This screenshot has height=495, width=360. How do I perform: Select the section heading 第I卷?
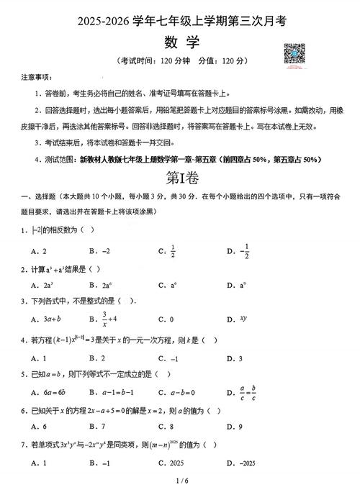180,176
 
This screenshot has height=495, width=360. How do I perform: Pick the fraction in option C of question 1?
173,251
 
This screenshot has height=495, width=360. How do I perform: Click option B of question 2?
103,285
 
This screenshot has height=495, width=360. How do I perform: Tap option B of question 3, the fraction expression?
104,318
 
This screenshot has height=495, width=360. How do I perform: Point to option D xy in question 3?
243,317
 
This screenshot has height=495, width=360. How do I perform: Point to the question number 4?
23,337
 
